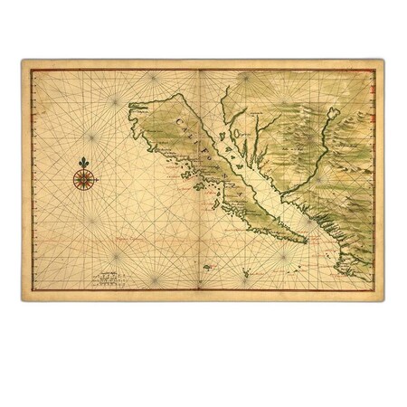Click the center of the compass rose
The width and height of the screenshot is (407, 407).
[85, 180]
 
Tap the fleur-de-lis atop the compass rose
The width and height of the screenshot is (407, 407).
[85, 164]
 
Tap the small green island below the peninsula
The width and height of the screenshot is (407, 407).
[208, 267]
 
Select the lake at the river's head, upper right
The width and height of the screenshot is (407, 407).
[335, 113]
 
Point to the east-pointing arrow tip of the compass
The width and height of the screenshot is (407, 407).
[99, 180]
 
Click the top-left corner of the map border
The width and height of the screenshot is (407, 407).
[22, 61]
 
